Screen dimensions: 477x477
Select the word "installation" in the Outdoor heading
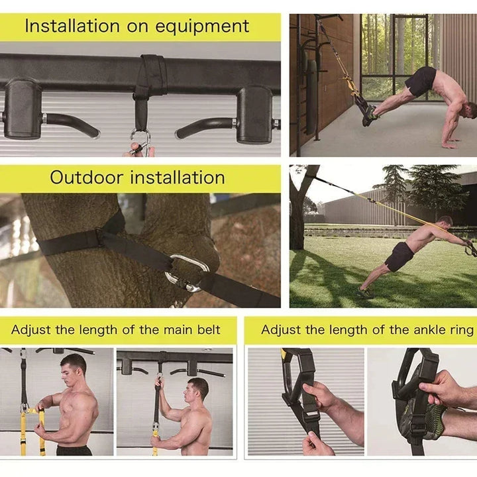click(177, 178)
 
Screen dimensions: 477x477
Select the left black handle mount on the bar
click(23, 109)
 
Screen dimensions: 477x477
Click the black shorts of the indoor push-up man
click(420, 81)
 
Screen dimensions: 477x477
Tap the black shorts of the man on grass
click(399, 256)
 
